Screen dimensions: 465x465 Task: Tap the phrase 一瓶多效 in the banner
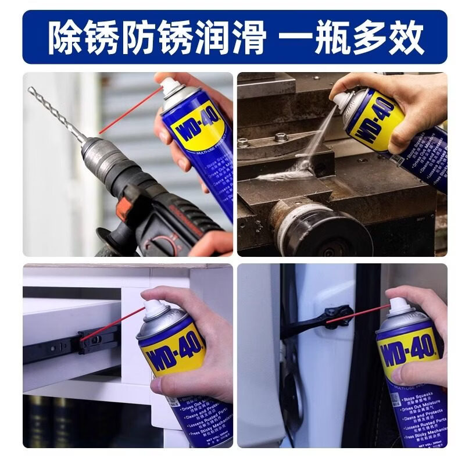(x=352, y=36)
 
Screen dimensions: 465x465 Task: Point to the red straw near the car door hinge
(x=357, y=314)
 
